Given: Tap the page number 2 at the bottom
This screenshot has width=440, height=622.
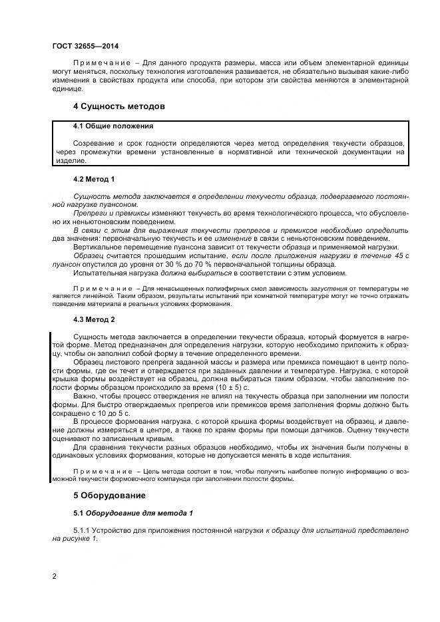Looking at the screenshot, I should tap(54, 575).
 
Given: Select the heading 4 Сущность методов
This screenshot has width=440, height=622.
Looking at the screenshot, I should tap(118, 106).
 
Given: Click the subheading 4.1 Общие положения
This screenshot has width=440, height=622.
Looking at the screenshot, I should tap(113, 126).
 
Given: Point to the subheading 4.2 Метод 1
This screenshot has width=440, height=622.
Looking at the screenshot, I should tap(94, 180).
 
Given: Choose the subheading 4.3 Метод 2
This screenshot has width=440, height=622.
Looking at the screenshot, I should tap(94, 320).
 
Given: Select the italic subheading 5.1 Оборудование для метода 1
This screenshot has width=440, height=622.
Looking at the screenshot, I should tap(133, 514).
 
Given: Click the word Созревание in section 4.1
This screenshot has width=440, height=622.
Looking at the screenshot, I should tap(93, 143).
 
